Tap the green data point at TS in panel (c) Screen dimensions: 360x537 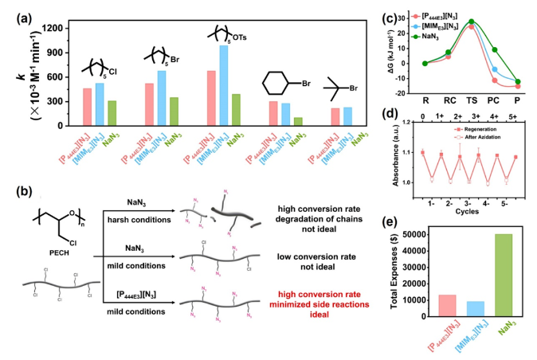tap(471, 22)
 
